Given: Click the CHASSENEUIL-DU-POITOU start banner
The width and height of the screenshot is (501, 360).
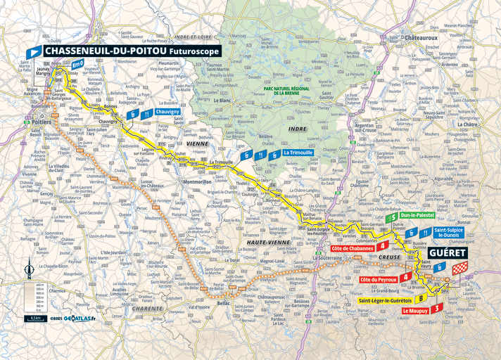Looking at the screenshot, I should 131,51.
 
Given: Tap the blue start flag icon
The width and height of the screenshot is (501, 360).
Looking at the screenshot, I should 33,51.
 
